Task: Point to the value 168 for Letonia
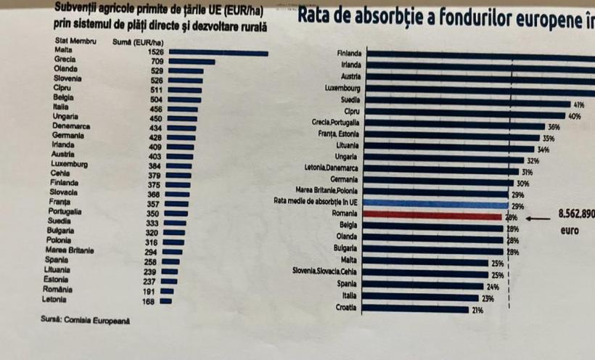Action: point(149,301)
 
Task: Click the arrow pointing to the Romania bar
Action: point(538,216)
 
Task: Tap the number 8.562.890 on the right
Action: point(576,215)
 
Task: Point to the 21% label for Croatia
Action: point(477,310)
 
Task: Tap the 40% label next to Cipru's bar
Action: point(574,116)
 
